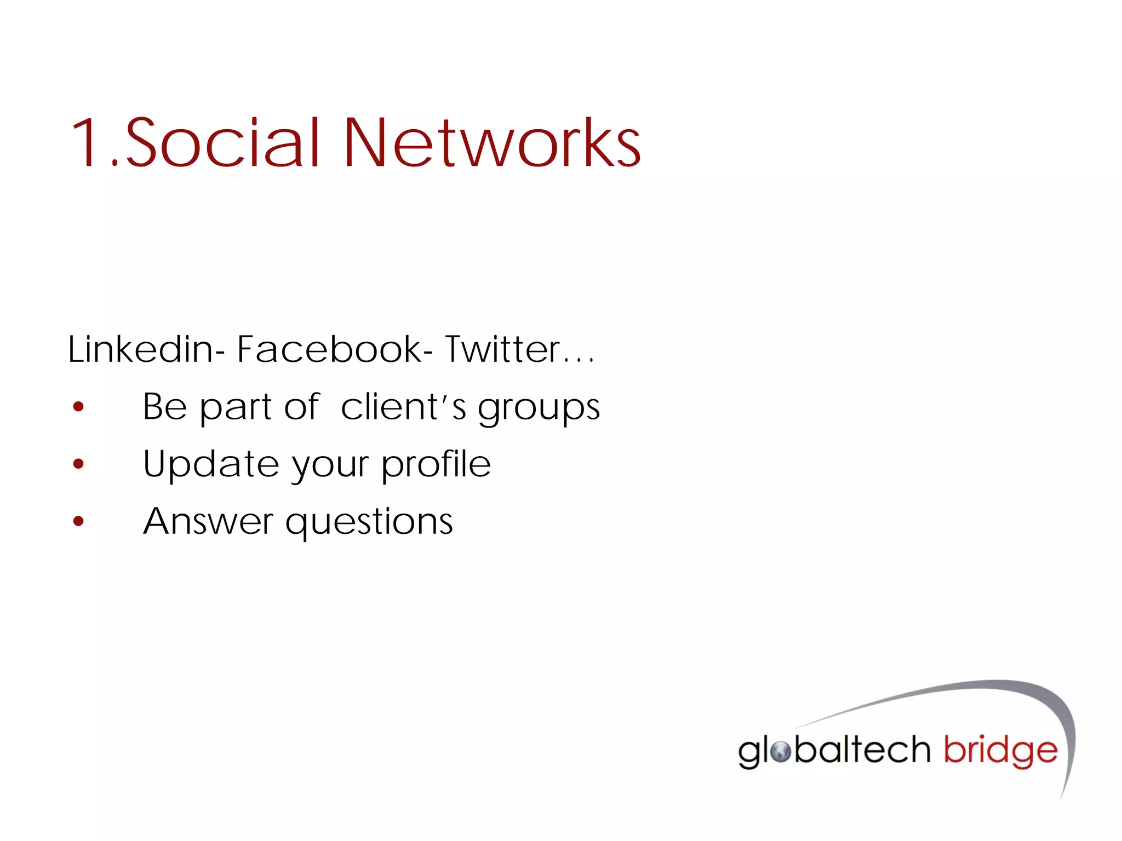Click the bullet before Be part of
point(79,407)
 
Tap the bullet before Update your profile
point(79,464)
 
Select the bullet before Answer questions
point(79,521)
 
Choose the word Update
point(210,464)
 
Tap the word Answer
point(208,521)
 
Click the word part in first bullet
point(236,408)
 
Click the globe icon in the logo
point(781,752)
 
